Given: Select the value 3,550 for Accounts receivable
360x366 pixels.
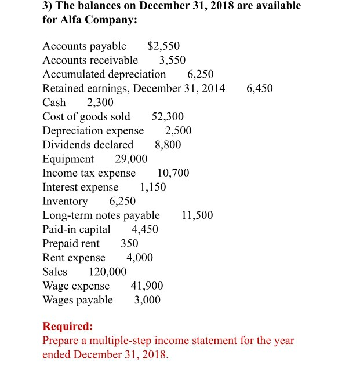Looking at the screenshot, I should (x=172, y=60).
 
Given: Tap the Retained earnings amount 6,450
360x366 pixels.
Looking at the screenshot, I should (x=259, y=89).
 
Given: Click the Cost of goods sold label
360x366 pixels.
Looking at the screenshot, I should (x=86, y=117).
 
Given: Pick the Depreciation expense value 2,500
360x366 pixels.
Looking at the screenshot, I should (x=178, y=131).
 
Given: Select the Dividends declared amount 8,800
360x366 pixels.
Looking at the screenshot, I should (x=168, y=145).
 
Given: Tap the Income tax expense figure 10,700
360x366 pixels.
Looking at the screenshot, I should (x=173, y=173).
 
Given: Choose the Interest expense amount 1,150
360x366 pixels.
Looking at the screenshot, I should (x=153, y=187).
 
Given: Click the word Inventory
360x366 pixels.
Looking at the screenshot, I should (x=66, y=202).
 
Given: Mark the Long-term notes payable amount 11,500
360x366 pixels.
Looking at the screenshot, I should (x=197, y=215).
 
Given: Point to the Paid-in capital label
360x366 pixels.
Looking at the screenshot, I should (x=77, y=229).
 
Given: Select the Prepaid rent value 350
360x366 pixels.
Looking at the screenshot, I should (x=129, y=243).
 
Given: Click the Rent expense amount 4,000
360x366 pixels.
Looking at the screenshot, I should (x=140, y=258).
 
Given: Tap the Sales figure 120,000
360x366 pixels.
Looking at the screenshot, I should (x=107, y=272).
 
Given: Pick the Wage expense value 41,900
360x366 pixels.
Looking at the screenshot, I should (x=147, y=286).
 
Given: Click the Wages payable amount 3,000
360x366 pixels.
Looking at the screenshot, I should (x=147, y=300).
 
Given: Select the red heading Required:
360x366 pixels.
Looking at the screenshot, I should (x=67, y=326).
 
